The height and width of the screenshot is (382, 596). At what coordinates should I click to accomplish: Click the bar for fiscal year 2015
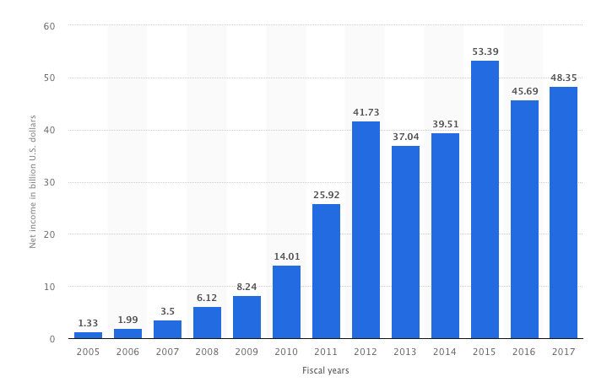[485, 200]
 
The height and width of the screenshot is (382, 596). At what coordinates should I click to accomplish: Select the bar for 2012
[366, 230]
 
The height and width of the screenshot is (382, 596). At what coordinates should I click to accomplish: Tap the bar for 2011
[326, 272]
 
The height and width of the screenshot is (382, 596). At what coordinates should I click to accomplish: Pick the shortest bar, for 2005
[88, 335]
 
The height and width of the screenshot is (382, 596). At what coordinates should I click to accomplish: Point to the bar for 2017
[563, 213]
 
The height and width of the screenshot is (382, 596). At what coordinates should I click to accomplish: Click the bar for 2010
[286, 302]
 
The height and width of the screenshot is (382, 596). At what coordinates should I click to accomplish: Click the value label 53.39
[485, 51]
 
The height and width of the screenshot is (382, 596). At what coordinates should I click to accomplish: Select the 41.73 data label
[366, 112]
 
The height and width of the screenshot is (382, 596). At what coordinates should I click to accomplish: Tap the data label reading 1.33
[88, 323]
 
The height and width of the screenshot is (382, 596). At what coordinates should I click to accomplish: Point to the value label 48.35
[563, 78]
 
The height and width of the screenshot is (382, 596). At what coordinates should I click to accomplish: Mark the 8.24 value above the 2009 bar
[247, 287]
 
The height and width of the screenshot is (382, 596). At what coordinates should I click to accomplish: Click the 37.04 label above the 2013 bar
[405, 137]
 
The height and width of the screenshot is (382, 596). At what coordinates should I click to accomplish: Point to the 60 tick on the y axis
[49, 26]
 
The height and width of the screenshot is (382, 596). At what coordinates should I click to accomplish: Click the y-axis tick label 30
[49, 182]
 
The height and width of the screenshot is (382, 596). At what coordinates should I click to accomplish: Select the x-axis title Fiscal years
[325, 370]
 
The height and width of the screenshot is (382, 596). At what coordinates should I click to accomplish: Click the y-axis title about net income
[33, 182]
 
